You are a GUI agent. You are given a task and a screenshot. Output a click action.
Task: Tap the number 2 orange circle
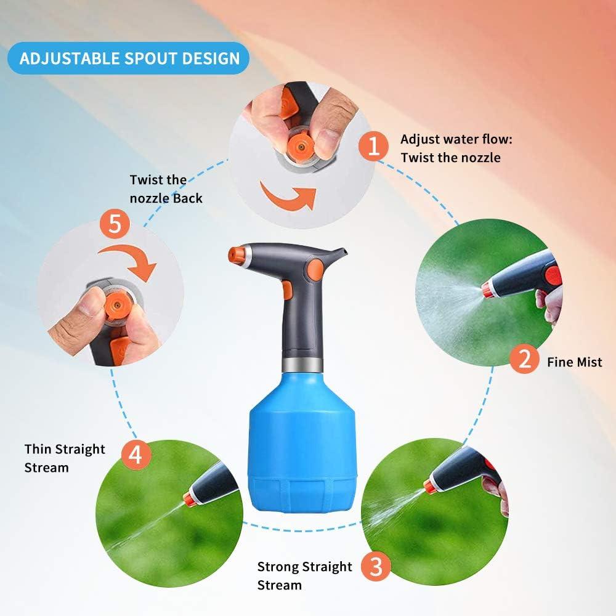point(524,358)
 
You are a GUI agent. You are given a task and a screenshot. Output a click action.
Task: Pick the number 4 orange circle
point(136,455)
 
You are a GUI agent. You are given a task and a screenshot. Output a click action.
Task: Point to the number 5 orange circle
point(115,224)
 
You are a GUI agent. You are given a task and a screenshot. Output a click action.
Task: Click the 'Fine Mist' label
point(574,362)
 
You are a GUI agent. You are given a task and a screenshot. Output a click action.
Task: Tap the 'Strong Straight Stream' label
point(304,575)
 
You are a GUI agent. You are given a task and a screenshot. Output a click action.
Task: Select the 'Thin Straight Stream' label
point(65,458)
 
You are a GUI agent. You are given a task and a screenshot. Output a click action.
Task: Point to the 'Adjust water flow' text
point(456,148)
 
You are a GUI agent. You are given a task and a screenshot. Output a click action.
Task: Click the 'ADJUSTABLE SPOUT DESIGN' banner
point(129,59)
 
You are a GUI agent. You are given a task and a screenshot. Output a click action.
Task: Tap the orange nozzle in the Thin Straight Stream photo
point(190,499)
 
